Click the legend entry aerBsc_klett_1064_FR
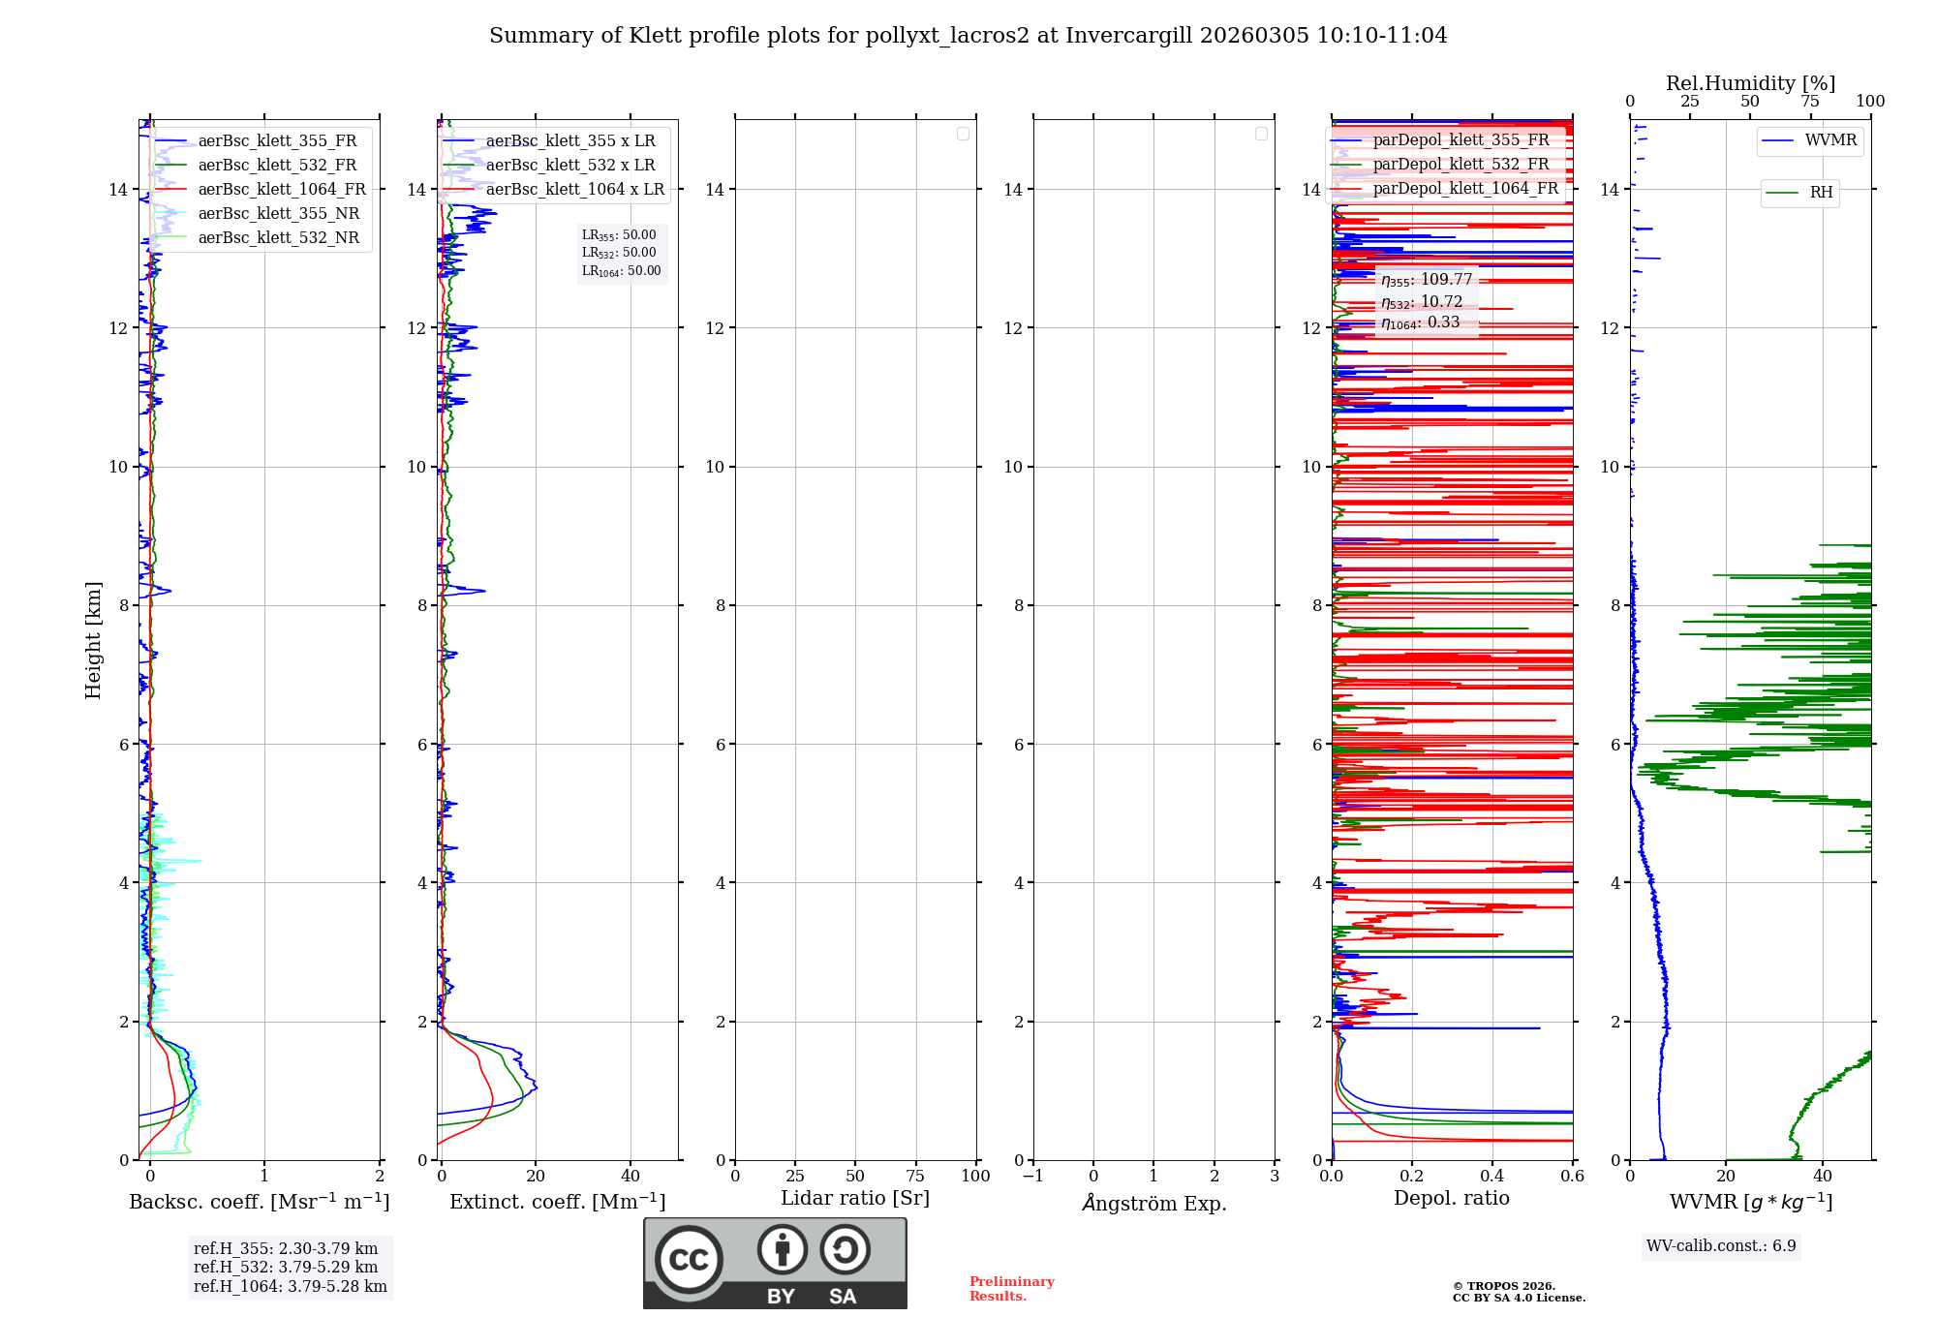point(281,190)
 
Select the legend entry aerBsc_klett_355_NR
point(278,214)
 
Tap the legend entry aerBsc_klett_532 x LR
point(569,166)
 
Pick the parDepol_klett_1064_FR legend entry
point(1464,189)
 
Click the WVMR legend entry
point(1830,140)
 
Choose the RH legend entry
point(1821,193)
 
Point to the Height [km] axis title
point(93,640)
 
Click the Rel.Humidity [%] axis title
point(1750,83)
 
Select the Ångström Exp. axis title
point(1153,1203)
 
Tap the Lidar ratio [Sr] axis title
point(855,1199)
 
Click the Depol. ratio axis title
point(1451,1199)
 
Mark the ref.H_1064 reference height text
point(290,1287)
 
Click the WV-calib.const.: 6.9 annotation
point(1721,1246)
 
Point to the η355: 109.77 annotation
point(1427,280)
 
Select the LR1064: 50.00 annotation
point(621,271)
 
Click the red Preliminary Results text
point(1011,1289)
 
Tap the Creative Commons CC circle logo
point(689,1259)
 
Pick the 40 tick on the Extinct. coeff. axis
point(630,1177)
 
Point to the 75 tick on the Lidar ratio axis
point(915,1177)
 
